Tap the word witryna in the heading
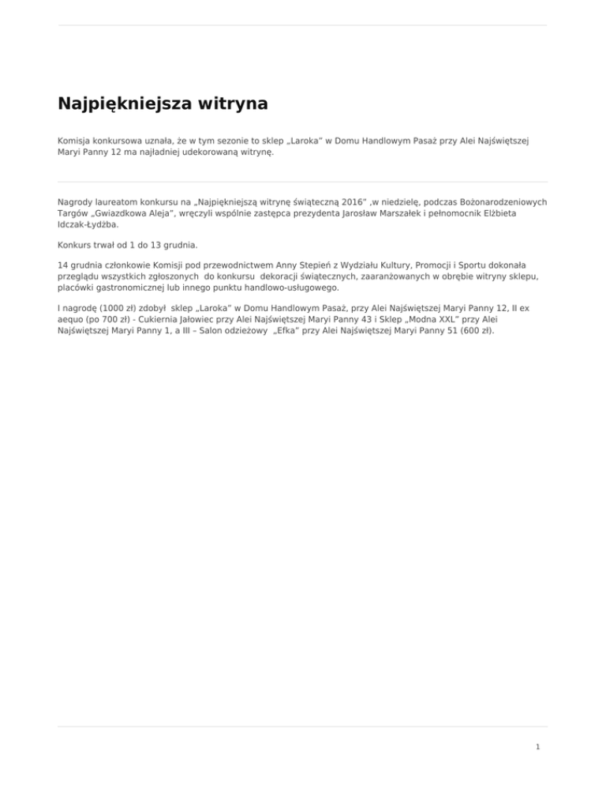point(229,103)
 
